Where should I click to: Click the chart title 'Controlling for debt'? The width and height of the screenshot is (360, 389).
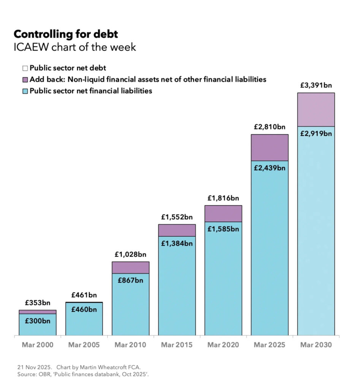click(66, 34)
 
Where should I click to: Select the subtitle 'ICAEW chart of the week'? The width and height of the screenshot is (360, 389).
click(75, 47)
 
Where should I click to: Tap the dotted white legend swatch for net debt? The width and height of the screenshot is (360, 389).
click(25, 68)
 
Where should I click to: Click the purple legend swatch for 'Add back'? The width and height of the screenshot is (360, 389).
click(25, 80)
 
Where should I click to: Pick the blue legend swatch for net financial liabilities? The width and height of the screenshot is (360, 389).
click(25, 91)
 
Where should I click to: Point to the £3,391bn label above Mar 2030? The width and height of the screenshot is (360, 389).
click(316, 85)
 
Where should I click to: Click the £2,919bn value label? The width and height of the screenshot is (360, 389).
click(316, 133)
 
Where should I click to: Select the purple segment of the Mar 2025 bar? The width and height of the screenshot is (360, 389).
click(269, 147)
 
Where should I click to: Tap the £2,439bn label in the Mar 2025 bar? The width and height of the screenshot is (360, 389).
click(269, 168)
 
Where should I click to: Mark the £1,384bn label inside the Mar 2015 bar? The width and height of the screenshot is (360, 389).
click(177, 244)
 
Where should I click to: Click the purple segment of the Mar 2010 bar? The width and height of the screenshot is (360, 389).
click(130, 267)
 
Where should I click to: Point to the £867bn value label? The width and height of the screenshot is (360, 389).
click(130, 280)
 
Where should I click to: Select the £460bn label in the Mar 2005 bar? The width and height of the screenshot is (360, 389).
click(84, 309)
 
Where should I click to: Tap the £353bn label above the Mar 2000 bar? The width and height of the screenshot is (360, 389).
click(38, 303)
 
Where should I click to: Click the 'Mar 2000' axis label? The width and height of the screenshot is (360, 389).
click(38, 345)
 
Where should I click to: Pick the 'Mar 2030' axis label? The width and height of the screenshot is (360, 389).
click(316, 345)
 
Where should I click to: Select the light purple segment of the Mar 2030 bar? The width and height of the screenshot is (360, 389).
click(316, 109)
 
